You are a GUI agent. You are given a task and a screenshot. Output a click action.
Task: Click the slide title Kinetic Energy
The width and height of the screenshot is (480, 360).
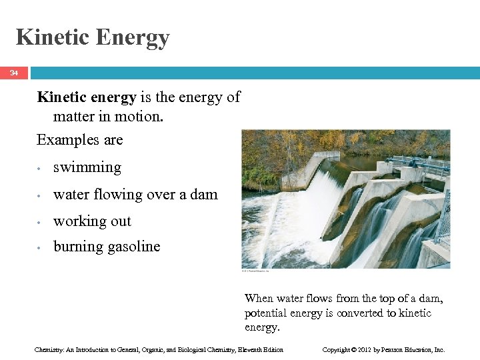93,37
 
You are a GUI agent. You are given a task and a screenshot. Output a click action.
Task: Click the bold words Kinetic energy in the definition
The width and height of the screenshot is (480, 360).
87,97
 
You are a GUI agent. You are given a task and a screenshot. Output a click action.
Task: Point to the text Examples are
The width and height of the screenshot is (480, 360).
80,140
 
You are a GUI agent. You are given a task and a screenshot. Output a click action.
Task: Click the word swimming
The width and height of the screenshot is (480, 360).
87,167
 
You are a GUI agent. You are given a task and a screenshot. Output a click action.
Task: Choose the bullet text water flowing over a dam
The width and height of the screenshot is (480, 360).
135,195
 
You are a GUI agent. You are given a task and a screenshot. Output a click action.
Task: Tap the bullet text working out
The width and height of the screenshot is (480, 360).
92,221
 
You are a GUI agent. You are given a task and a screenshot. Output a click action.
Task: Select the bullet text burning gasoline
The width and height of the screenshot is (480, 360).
107,247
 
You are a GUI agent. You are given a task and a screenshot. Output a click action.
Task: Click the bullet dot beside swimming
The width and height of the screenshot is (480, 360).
41,169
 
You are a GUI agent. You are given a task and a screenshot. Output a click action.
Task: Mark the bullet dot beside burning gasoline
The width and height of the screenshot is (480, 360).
41,248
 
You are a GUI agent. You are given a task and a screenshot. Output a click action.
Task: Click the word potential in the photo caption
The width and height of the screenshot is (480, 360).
267,313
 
